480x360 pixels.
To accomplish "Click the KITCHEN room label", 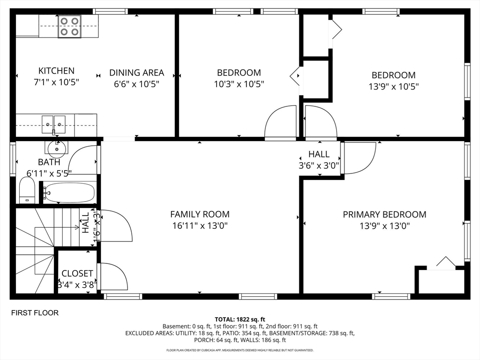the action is click(56, 71).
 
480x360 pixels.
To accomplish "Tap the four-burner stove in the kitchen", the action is click(69, 27).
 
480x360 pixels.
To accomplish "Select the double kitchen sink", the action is click(53, 125).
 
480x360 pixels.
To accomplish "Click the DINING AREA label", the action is click(136, 73).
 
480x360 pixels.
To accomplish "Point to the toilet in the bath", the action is click(27, 190).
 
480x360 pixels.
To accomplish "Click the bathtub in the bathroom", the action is click(69, 193).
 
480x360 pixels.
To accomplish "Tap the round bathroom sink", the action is click(57, 147).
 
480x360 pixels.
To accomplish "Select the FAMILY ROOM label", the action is click(200, 214).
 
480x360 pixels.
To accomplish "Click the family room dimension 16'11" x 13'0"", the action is click(200, 226).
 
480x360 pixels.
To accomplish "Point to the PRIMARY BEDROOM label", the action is click(384, 214).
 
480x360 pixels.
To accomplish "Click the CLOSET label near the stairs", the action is click(77, 273).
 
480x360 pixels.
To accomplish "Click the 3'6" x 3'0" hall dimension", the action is click(319, 165).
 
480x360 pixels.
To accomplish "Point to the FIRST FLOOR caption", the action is click(35, 313).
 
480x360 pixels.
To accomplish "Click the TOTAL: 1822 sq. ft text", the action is click(240, 320).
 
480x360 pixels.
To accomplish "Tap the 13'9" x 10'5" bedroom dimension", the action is click(394, 87).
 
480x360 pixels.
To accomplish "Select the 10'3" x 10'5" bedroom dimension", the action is click(239, 84).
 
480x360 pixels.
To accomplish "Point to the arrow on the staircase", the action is click(57, 227).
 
